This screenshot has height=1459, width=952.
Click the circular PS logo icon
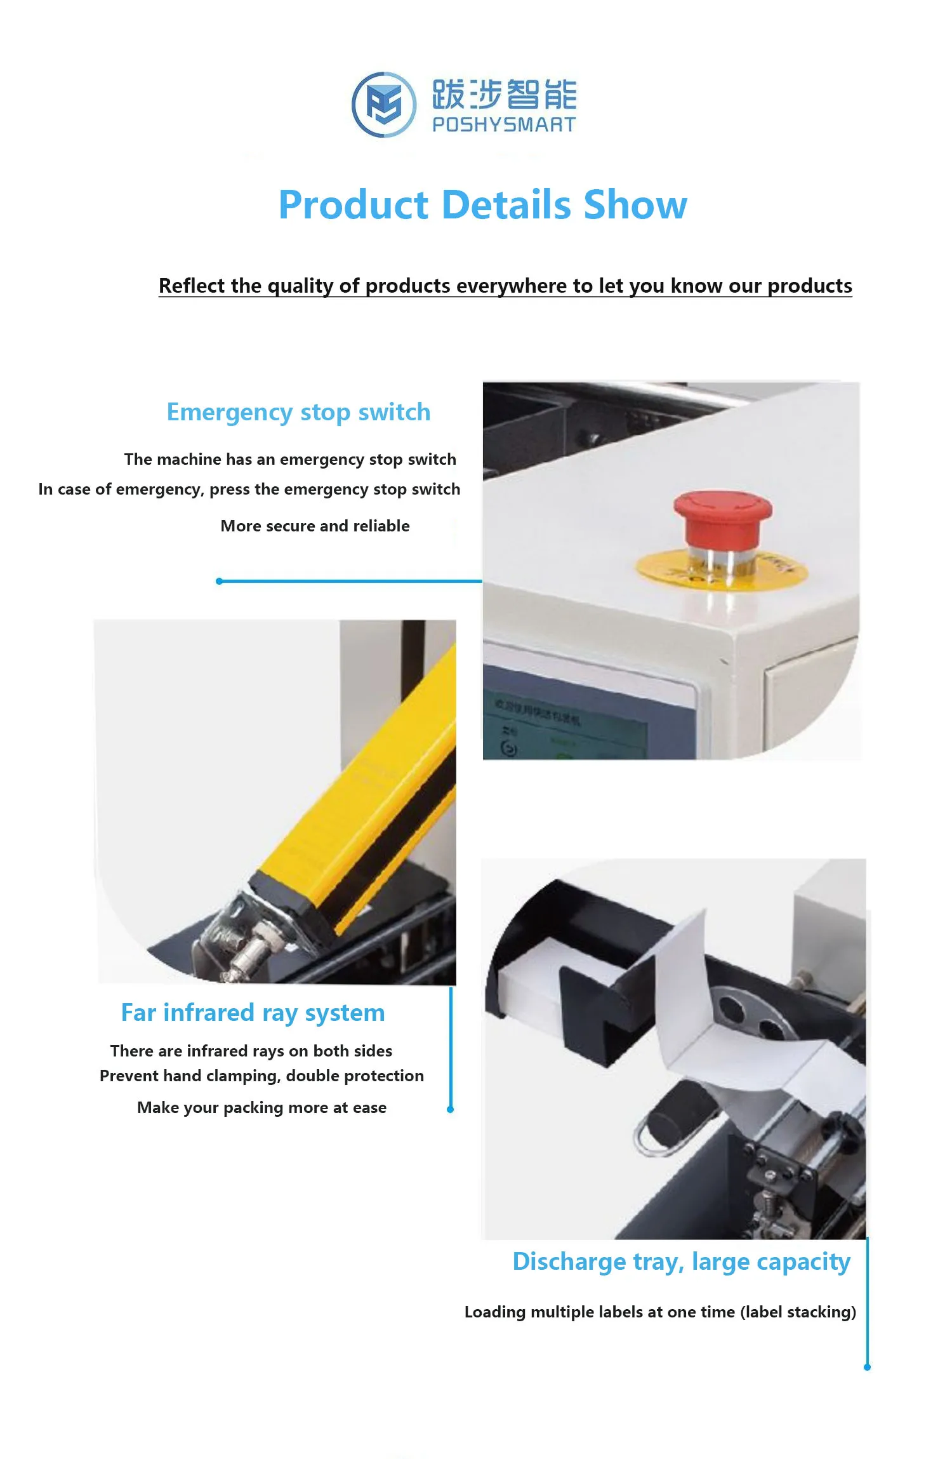pos(384,105)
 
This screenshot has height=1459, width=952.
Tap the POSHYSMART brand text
pos(503,124)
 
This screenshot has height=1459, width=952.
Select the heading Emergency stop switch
pos(298,412)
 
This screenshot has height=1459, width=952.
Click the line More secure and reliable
pos(315,526)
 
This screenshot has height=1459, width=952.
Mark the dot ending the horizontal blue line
pos(219,581)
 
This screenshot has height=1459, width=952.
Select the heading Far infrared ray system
pos(253,1013)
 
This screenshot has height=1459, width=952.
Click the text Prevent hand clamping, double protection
pos(261,1076)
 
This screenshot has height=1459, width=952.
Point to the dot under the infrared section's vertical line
pos(450,1109)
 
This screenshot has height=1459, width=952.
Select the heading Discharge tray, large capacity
pos(681,1262)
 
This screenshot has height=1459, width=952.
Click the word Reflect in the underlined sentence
pos(191,286)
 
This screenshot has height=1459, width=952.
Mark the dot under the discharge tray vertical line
pos(867,1367)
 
